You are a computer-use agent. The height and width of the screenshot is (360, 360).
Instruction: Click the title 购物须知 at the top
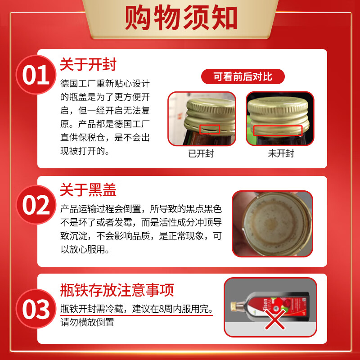tap(180, 18)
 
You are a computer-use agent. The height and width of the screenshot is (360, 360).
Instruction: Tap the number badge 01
tap(36, 75)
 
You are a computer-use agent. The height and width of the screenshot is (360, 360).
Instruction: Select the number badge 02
tap(36, 206)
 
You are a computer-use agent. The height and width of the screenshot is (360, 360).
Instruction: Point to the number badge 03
tap(36, 309)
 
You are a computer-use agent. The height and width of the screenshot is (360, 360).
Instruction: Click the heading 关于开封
tap(88, 65)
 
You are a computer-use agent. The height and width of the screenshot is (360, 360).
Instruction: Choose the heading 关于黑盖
tap(88, 190)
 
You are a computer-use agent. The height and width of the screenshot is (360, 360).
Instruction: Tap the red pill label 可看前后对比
tap(243, 76)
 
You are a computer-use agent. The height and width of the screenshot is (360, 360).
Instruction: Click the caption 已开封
tap(201, 153)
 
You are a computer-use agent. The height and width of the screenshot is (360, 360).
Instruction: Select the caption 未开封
tap(281, 153)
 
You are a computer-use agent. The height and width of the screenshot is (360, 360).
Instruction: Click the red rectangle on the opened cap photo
tap(207, 130)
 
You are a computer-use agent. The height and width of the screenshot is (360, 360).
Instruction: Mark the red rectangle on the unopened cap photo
tap(278, 130)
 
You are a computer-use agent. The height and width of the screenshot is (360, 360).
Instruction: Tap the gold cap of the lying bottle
tap(234, 306)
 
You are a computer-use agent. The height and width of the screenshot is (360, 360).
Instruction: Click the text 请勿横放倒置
tap(87, 322)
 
